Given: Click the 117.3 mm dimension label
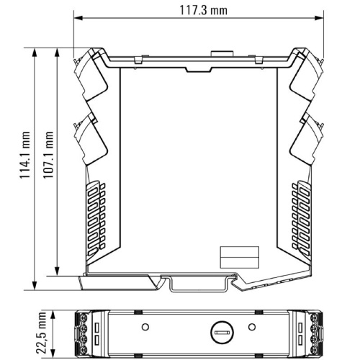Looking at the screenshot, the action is (203, 11).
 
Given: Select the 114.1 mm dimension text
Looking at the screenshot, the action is (25, 155).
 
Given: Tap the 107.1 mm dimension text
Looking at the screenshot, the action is (48, 155).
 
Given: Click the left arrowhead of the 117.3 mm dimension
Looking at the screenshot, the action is (78, 18).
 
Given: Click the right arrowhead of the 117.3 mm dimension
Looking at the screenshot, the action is (319, 18).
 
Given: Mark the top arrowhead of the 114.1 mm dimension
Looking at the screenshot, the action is (35, 53).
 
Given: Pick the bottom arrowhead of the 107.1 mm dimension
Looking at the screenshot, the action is (57, 271).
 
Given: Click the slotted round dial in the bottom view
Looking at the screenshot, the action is (222, 333).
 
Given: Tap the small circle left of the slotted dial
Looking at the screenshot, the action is (145, 327).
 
